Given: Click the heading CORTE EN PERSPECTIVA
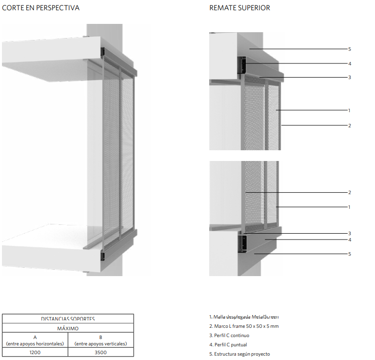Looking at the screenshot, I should [x=41, y=8].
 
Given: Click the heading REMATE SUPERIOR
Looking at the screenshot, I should [x=239, y=8].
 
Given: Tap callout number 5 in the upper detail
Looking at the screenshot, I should [x=350, y=49].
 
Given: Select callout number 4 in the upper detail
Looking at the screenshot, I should [x=350, y=63].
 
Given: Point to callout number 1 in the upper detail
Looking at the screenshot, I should [x=349, y=110].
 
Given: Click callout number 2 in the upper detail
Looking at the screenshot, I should [x=350, y=125].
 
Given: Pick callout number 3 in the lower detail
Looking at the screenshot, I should [x=350, y=233].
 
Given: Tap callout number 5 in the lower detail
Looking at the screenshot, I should [x=350, y=254].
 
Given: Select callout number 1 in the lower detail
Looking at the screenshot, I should [x=349, y=207].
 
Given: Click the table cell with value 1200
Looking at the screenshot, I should [x=35, y=352].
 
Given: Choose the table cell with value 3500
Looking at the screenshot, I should [x=100, y=352].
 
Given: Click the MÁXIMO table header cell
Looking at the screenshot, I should [x=68, y=328].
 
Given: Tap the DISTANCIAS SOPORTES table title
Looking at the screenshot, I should [x=68, y=319].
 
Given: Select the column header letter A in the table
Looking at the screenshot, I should [x=35, y=337].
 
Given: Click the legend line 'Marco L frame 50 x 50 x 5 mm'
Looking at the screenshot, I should [x=244, y=326].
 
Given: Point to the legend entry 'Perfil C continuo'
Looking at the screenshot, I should [x=232, y=336].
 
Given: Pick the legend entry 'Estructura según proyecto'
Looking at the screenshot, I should [x=239, y=354].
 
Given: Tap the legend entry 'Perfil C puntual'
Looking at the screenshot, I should [x=230, y=345].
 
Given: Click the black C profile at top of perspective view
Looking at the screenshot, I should [x=103, y=51].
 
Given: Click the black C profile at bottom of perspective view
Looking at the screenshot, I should [x=103, y=255].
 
